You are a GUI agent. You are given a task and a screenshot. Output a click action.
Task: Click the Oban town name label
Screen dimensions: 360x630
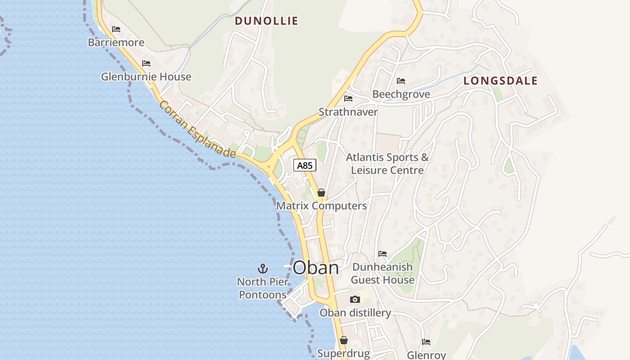click(x=315, y=268)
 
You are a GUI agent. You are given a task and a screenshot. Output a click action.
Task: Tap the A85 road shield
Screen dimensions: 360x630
click(x=305, y=165)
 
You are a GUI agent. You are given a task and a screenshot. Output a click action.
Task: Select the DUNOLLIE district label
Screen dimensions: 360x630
click(x=266, y=21)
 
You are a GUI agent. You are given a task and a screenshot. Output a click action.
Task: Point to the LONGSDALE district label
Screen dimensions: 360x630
click(x=500, y=81)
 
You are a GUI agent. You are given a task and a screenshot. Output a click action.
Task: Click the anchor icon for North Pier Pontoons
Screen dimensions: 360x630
click(x=263, y=269)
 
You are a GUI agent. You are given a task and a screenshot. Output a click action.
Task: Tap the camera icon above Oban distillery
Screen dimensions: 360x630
click(x=355, y=299)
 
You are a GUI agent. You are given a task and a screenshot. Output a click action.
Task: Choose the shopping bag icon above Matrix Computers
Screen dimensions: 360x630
click(x=321, y=193)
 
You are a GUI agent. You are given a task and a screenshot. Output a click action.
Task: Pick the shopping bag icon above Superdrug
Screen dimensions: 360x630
click(x=344, y=340)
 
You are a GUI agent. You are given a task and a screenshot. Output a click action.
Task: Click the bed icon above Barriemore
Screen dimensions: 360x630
click(x=116, y=29)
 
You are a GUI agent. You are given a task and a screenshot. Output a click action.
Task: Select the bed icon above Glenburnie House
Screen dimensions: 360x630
click(x=146, y=63)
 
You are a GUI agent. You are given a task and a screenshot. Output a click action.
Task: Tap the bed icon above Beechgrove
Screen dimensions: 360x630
click(x=401, y=81)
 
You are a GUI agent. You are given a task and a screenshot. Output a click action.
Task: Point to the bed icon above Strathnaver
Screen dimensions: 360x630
click(x=348, y=99)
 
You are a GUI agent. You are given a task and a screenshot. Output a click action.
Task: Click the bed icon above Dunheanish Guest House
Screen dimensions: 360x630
click(x=382, y=254)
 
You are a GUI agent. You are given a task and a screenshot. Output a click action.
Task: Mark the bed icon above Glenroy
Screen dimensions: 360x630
click(x=426, y=342)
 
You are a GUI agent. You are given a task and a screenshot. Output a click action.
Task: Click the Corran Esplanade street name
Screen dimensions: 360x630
click(x=197, y=129)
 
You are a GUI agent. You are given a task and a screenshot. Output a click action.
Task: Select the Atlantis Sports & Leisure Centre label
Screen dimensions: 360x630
click(x=387, y=164)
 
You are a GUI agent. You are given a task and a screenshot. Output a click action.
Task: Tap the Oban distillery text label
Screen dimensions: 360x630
click(x=355, y=313)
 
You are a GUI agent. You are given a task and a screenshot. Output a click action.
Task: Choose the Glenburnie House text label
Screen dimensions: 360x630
click(x=146, y=77)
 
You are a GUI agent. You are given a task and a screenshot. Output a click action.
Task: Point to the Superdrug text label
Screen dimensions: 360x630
click(x=343, y=354)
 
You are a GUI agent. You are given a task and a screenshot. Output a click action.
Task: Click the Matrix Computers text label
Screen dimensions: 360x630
click(x=321, y=206)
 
